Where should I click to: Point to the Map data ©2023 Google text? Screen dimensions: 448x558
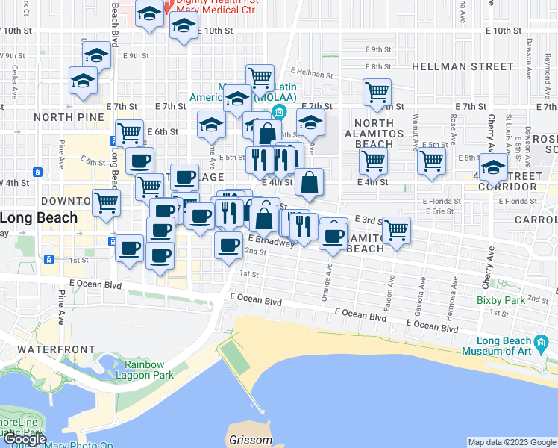click(x=512, y=442)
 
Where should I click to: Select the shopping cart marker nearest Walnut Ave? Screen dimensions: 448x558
click(x=432, y=160)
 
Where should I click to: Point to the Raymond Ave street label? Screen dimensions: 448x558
click(x=547, y=72)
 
